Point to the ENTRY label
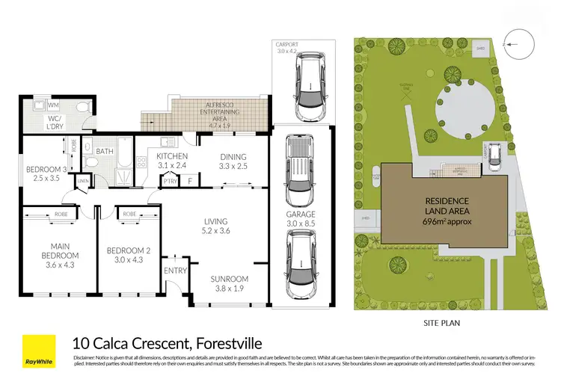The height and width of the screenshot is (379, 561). point(176,271)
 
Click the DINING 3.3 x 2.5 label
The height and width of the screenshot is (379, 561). point(233,161)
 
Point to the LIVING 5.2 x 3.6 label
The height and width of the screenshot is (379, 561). point(215,227)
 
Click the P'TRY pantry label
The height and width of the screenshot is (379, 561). point(169,180)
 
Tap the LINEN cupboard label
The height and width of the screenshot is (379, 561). point(82,181)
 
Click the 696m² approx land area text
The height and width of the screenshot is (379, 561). point(447,221)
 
